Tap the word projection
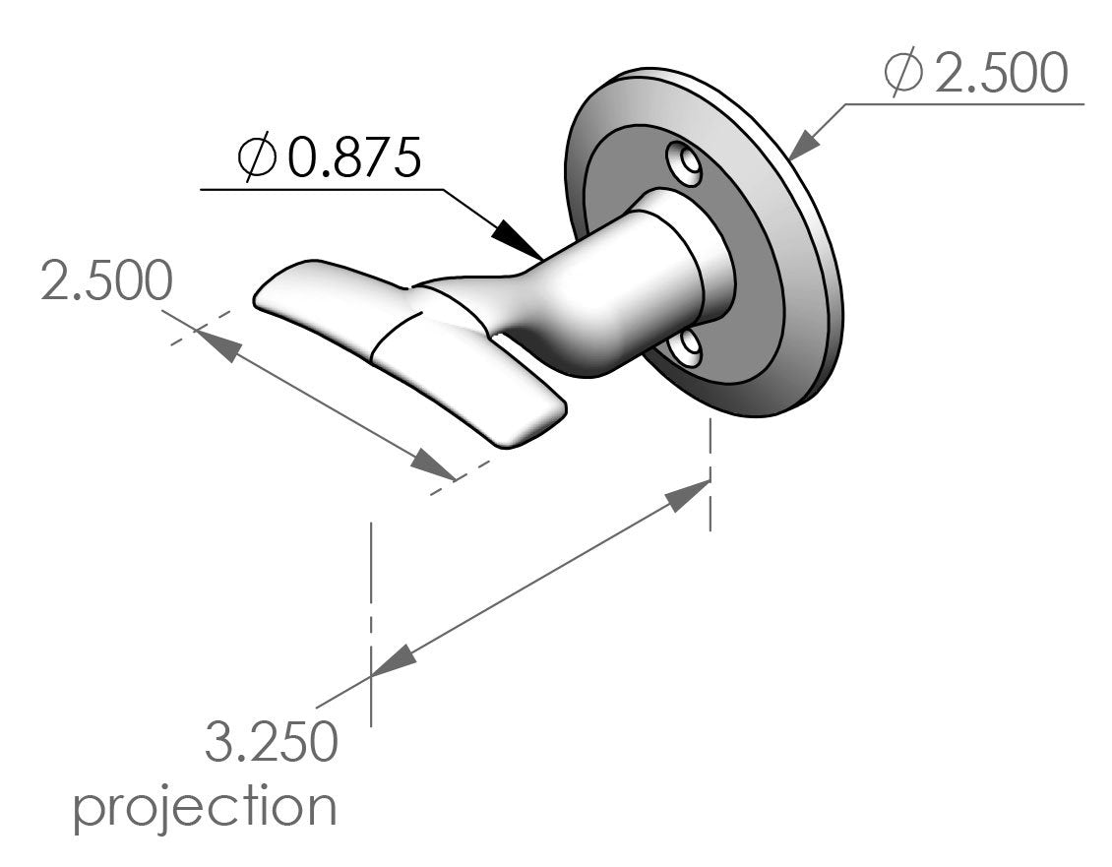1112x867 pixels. click(206, 807)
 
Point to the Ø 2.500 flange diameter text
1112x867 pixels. click(975, 75)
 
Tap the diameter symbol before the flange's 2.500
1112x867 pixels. click(903, 75)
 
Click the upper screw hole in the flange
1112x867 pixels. click(684, 163)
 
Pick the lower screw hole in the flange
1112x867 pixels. click(687, 347)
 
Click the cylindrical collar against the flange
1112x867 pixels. click(689, 261)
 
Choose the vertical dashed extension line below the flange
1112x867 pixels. click(710, 472)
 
